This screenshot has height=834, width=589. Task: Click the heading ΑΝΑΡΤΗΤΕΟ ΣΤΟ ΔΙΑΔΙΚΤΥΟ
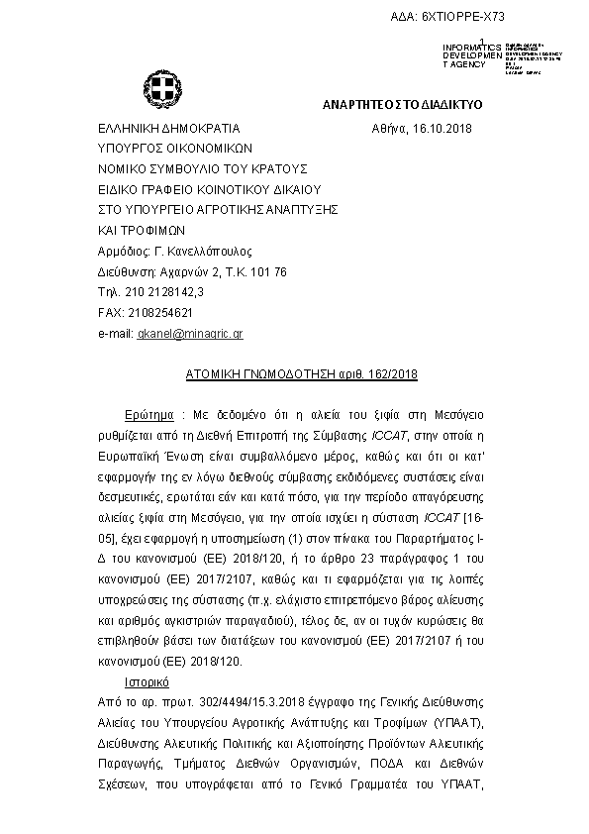[x=402, y=104]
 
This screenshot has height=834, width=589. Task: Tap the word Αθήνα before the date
[x=391, y=129]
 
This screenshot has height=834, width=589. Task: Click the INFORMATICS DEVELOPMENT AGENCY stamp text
[x=464, y=55]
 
